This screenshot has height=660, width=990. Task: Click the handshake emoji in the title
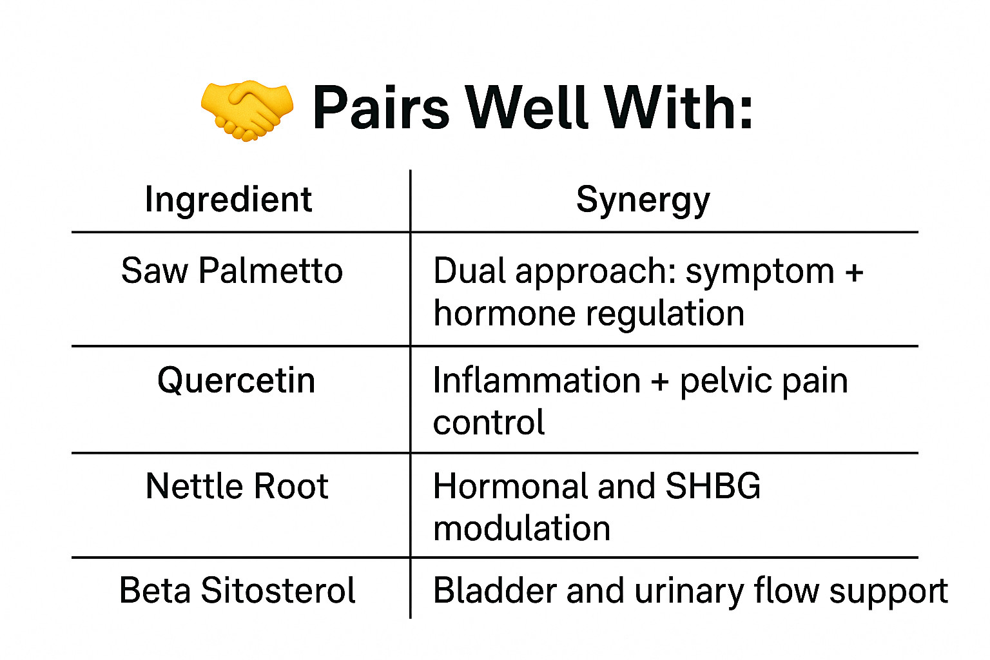coord(247,110)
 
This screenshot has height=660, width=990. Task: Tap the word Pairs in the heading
coord(381,108)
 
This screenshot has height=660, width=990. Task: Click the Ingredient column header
coord(229,200)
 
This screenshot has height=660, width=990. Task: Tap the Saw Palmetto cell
coord(232,271)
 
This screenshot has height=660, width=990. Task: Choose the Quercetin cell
coord(237,381)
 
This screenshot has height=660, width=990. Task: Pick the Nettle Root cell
coord(237,486)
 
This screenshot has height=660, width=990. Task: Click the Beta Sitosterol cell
coord(237,590)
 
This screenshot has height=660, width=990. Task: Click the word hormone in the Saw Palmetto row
coord(505,313)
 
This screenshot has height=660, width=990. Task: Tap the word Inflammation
coord(536,380)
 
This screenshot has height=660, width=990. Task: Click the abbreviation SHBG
coord(713,486)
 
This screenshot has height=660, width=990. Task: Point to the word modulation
coord(522,529)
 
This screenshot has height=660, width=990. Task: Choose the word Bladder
coord(495,590)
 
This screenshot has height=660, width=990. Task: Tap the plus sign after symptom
coord(854,272)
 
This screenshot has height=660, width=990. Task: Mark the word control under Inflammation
coord(489,422)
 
